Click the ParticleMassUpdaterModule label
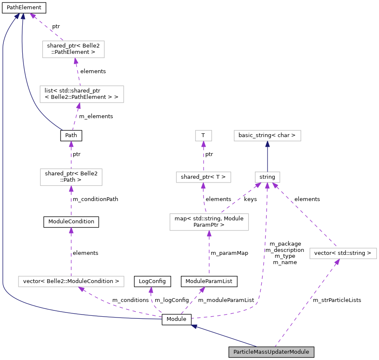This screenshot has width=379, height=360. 271,352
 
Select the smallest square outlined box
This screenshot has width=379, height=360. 204,135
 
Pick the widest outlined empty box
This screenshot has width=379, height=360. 71,281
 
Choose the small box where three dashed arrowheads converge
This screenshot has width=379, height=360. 268,177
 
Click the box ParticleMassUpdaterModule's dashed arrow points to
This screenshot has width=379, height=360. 343,253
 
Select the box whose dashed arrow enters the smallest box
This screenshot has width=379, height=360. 204,177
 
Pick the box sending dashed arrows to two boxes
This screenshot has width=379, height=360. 209,222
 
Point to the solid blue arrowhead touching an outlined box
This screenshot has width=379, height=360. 268,144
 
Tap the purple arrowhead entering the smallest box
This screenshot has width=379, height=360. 204,144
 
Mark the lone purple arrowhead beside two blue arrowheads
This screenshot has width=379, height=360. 32,16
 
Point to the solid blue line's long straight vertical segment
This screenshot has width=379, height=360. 3,168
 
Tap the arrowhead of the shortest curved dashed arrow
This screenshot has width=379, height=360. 151,290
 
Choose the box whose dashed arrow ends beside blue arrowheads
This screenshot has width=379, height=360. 73,49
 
